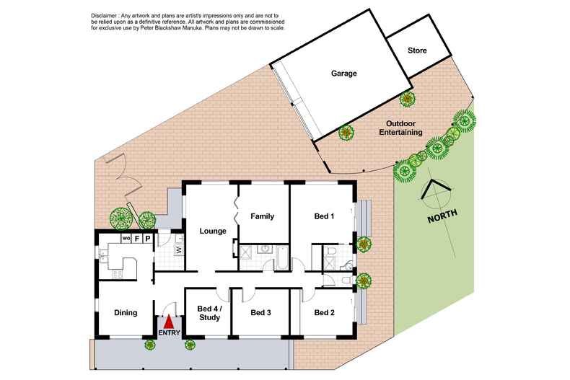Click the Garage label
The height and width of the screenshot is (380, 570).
tap(344, 74)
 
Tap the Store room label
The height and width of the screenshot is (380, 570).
tap(417, 51)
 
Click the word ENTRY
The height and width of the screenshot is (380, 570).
tap(169, 334)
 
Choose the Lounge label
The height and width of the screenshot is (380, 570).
tap(214, 231)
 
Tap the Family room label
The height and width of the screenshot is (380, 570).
tap(262, 216)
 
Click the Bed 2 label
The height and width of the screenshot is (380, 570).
tap(325, 313)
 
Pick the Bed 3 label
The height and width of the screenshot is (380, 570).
tap(260, 313)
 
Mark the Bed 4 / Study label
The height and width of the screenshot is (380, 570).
tap(209, 313)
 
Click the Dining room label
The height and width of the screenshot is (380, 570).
tap(126, 313)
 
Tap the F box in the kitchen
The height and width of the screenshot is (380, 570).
tap(136, 238)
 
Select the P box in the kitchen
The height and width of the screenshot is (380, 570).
tap(146, 238)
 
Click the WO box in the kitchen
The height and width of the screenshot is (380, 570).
tap(125, 238)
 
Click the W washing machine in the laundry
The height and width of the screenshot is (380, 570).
tap(177, 250)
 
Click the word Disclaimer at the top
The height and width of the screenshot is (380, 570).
tap(106, 16)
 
